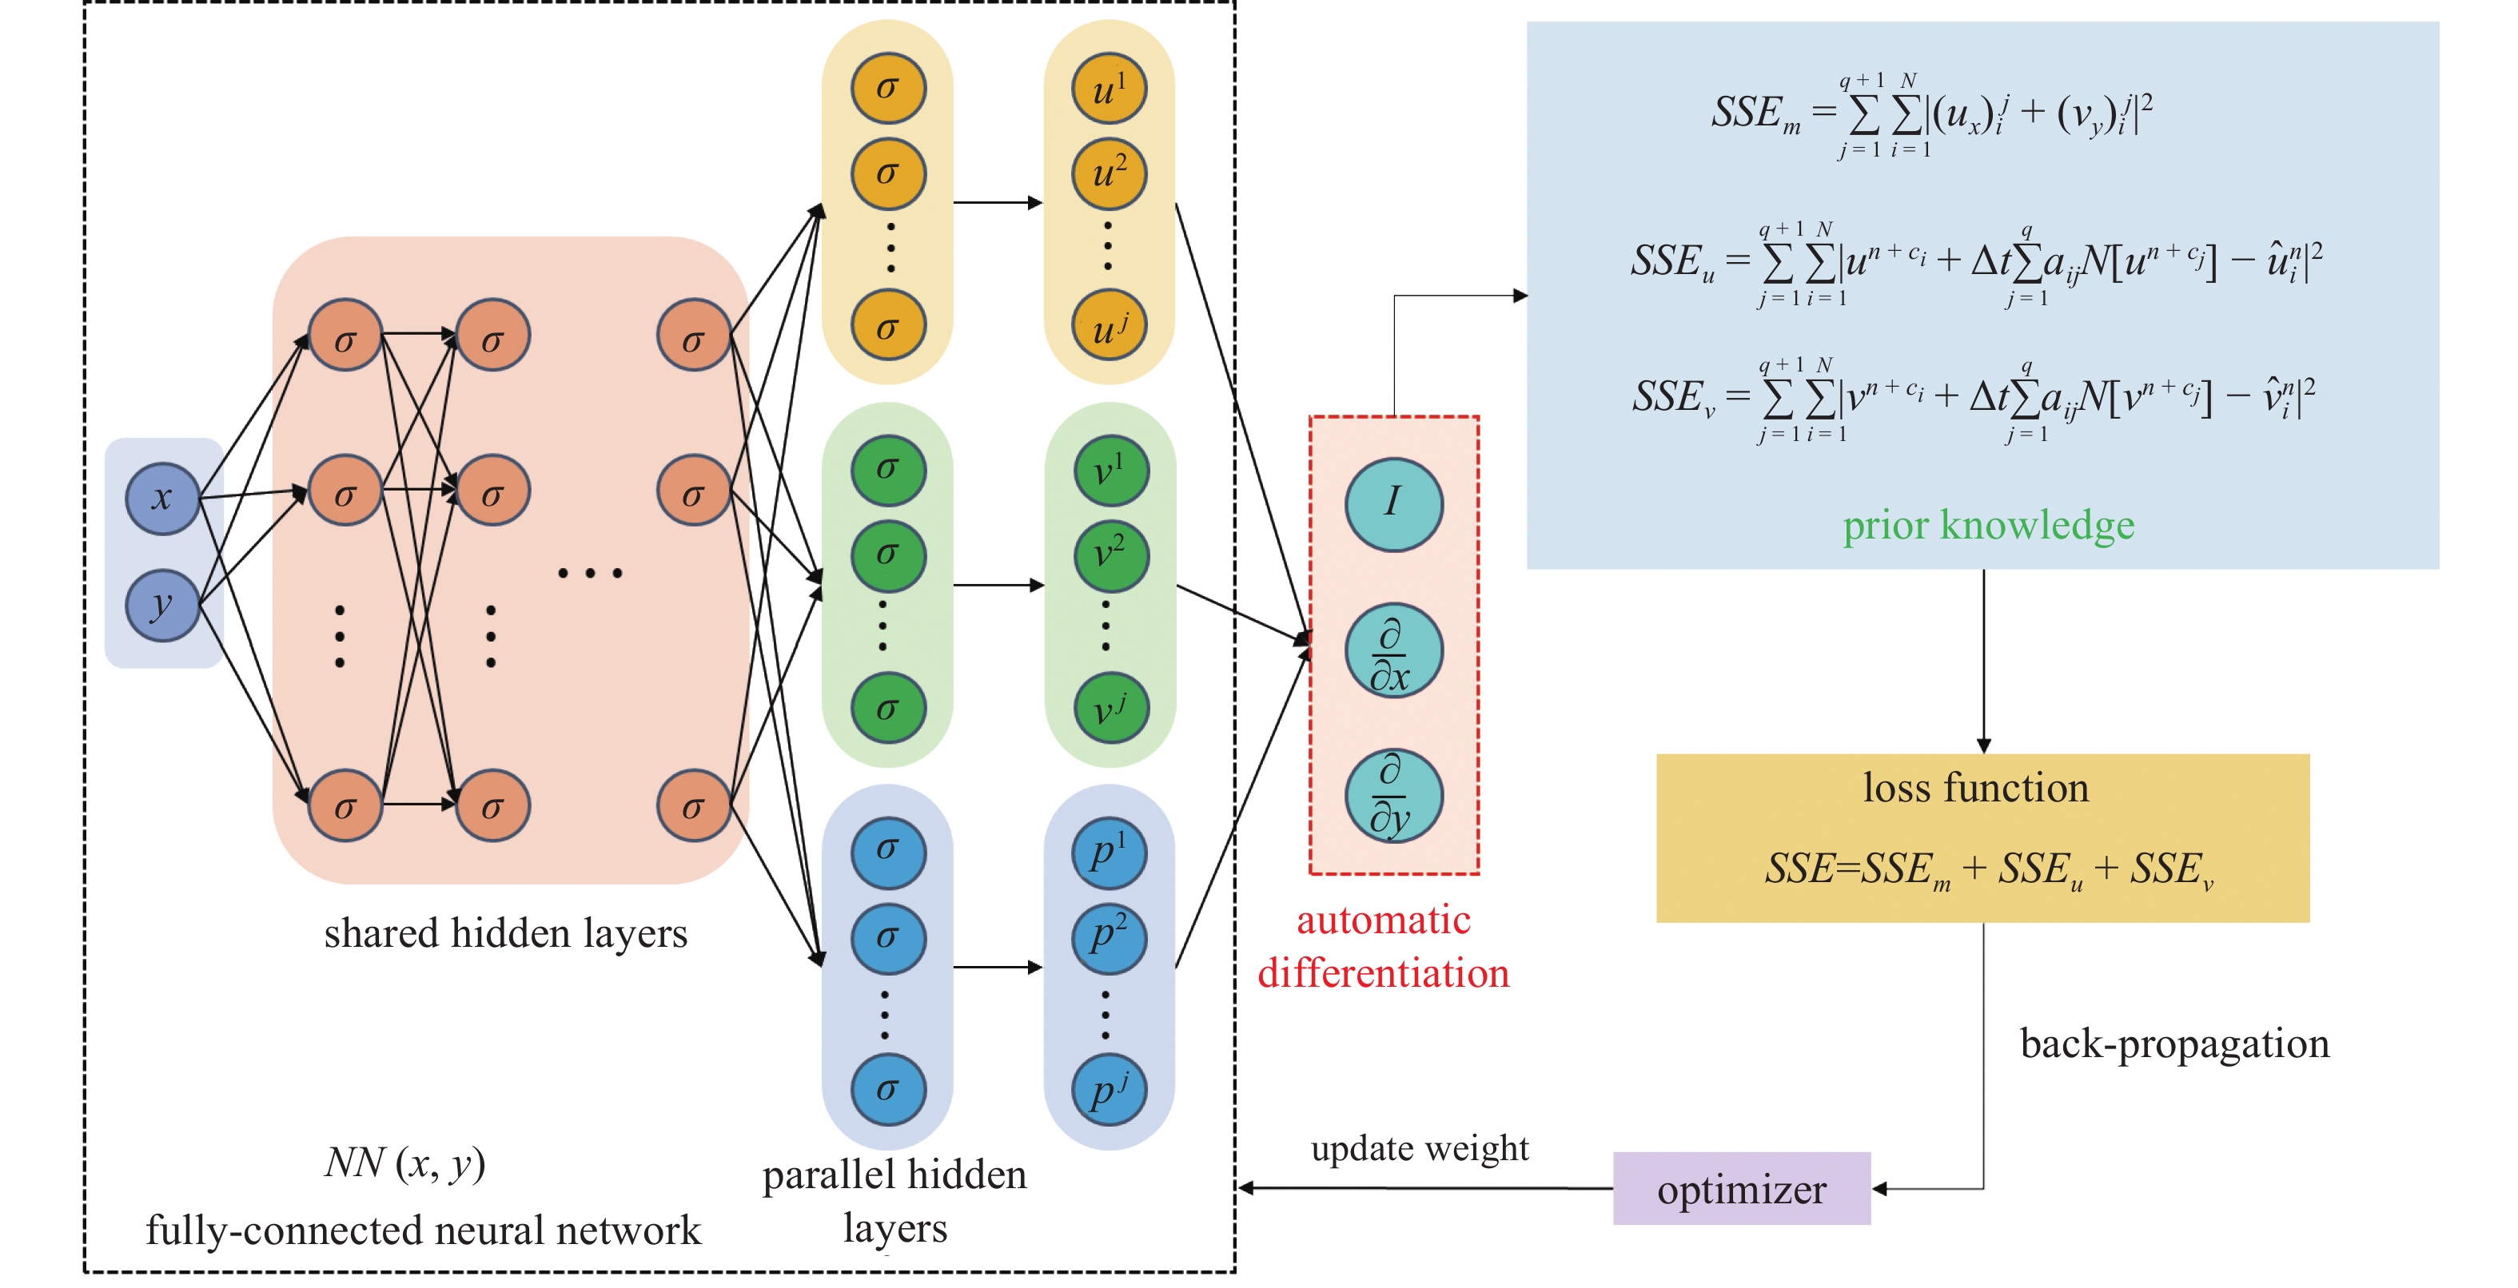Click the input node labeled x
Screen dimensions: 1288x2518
click(162, 499)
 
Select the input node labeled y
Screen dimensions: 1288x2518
click(162, 606)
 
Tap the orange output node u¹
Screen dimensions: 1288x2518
click(1109, 89)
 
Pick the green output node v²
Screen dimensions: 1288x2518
click(1109, 556)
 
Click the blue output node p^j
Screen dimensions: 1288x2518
click(1109, 1090)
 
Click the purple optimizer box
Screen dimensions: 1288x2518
click(1741, 1189)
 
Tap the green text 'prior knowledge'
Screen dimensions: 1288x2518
click(1988, 526)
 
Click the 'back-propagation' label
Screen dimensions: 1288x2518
click(2174, 1044)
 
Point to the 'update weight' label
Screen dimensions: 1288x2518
click(1420, 1148)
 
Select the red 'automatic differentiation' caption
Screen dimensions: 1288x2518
click(1383, 947)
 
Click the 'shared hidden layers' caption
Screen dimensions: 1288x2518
click(505, 933)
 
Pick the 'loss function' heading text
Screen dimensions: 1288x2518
click(1975, 788)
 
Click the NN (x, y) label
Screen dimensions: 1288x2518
click(404, 1163)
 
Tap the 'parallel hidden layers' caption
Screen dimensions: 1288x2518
click(894, 1201)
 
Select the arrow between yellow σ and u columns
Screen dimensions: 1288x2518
click(997, 203)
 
